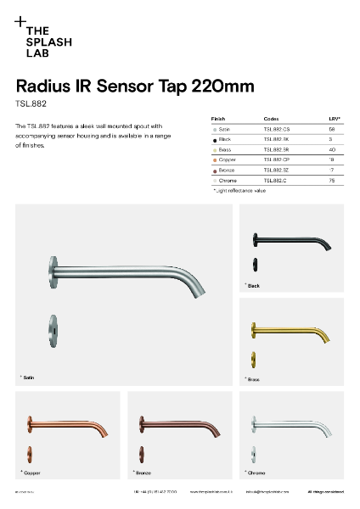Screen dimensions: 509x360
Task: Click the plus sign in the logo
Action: (21, 21)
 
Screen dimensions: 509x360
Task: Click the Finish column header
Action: (218, 119)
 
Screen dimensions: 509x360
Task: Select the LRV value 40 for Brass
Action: (330, 149)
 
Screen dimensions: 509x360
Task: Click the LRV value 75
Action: (330, 181)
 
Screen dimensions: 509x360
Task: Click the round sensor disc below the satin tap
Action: (53, 326)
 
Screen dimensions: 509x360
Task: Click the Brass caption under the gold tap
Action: (253, 379)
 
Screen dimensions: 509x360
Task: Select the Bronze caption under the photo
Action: (143, 471)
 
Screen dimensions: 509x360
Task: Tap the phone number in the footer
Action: (155, 492)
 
